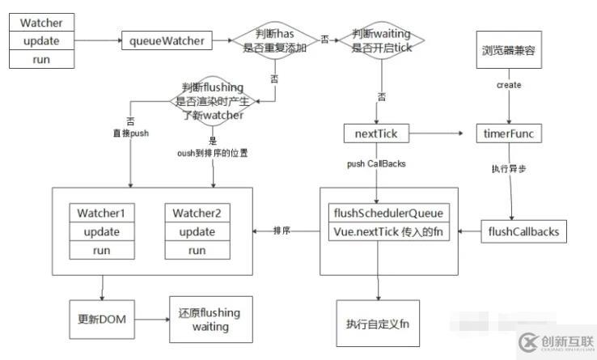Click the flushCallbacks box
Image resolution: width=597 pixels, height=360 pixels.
pos(524,232)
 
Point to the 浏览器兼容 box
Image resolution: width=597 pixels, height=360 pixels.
pos(508,50)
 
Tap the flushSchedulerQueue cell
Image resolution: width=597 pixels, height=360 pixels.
pos(388,214)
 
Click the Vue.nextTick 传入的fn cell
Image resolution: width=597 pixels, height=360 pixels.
pos(388,231)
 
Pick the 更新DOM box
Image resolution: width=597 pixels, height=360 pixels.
pos(100,319)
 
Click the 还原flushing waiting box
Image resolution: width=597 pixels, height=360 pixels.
pos(210,320)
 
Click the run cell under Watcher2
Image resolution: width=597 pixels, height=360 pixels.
pos(197,250)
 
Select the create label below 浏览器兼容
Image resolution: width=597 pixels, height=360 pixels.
pos(509,85)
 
